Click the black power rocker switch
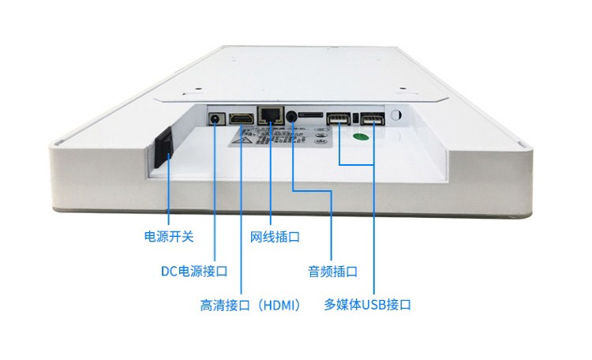click(x=161, y=147)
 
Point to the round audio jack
click(x=293, y=117)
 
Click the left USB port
click(x=339, y=119)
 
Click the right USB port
click(x=373, y=121)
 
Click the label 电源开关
click(x=168, y=235)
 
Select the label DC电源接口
click(x=194, y=271)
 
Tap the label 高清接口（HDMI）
click(x=250, y=305)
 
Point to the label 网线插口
click(x=275, y=236)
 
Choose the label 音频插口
click(x=332, y=271)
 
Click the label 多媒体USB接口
click(x=368, y=305)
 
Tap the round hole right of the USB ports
click(x=396, y=117)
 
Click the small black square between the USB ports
click(x=356, y=118)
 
